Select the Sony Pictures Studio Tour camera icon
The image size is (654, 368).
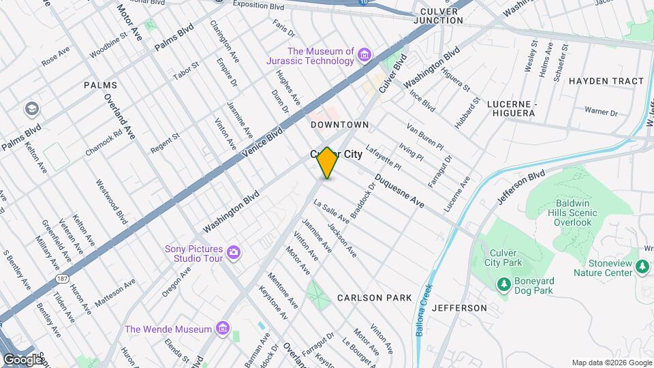(234, 254)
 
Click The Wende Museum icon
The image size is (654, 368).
(221, 330)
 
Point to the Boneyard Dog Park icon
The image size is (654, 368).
(503, 283)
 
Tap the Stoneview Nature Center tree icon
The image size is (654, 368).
(642, 264)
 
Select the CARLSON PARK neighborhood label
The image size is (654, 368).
(374, 298)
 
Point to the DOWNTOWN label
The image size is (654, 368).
(339, 125)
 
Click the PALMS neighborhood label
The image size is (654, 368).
(100, 85)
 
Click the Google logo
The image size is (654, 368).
(22, 358)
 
